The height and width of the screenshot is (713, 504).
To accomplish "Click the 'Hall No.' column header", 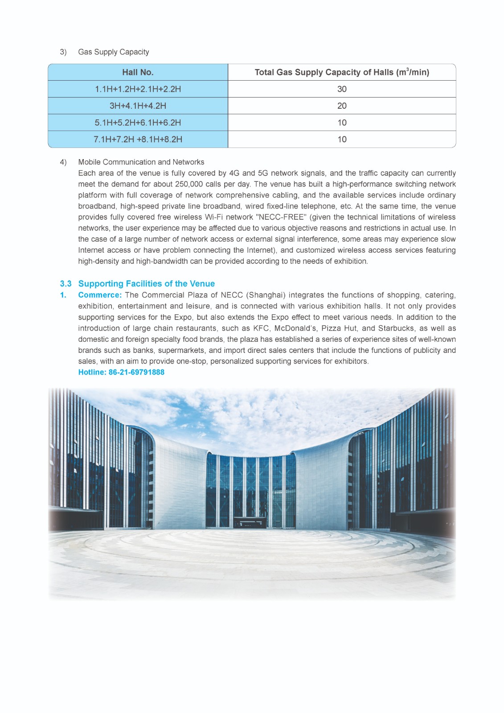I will point(138,72).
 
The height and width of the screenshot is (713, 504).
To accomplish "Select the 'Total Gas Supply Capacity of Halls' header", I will point(341,72).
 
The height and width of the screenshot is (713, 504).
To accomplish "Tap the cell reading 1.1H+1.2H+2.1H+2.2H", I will point(138,89).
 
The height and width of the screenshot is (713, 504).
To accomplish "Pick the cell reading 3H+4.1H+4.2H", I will point(138,106).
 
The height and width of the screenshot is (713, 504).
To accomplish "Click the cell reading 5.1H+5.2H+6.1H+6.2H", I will point(138,123).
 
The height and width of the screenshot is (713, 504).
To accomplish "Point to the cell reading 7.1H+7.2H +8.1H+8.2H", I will point(138,139).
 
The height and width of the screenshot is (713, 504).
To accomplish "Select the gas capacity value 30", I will point(342,89).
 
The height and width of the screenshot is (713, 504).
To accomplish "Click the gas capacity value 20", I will point(342,106).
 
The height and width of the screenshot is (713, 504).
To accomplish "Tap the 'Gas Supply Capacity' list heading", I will point(113,52).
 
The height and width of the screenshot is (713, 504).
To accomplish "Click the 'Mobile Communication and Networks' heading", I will point(141,162).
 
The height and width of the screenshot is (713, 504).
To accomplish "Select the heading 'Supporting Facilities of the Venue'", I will point(146,284).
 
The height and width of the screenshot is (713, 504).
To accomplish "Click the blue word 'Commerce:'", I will point(100,295).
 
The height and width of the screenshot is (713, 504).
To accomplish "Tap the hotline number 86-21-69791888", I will point(136,372).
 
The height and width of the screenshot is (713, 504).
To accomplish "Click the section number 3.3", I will point(66,284).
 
